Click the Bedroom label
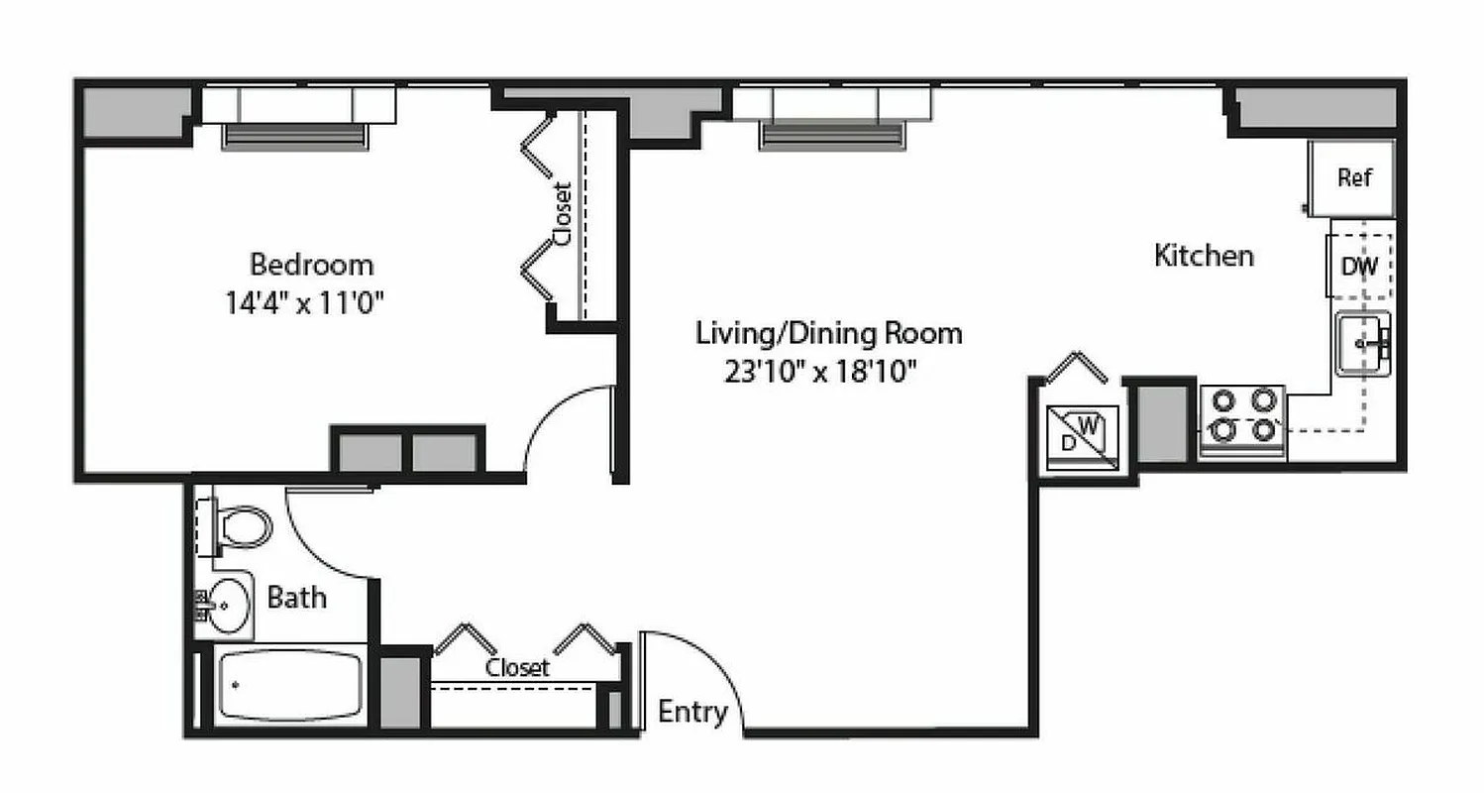click(311, 265)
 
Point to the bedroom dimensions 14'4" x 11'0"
click(304, 301)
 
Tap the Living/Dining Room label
click(828, 333)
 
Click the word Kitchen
click(1204, 256)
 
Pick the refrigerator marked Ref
click(1353, 178)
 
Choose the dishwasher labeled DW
click(1359, 266)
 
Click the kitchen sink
click(1363, 343)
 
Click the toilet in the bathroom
click(241, 527)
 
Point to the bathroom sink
click(227, 603)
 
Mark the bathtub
click(288, 685)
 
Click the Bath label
click(297, 599)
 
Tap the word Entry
click(692, 712)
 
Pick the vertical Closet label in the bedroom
click(563, 213)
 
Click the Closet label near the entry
click(516, 668)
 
